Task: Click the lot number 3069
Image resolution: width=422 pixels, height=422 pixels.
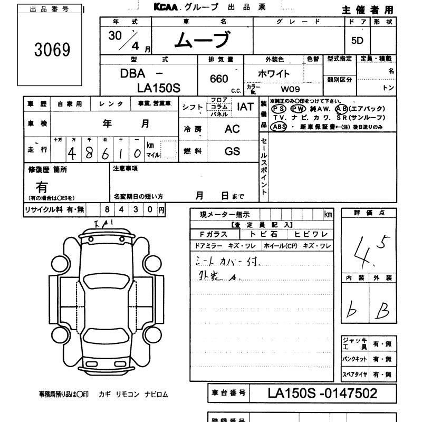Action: [x=52, y=50]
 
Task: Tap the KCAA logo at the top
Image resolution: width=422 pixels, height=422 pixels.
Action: [x=166, y=7]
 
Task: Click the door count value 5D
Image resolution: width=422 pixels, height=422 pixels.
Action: [x=357, y=41]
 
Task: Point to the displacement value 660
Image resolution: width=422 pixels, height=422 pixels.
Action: [x=218, y=79]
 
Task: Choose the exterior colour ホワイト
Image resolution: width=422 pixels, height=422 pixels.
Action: [x=274, y=74]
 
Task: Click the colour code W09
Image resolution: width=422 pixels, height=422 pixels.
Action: [x=290, y=89]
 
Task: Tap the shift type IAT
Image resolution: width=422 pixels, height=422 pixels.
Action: [x=245, y=107]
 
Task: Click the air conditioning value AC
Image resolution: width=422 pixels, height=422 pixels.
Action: [x=232, y=129]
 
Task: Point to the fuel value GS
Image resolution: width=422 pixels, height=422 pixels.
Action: [x=232, y=151]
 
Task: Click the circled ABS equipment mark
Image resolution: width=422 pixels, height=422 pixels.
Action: [x=278, y=127]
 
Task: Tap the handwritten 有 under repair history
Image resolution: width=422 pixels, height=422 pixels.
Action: [x=41, y=187]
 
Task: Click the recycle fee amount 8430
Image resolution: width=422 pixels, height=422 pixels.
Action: [x=129, y=209]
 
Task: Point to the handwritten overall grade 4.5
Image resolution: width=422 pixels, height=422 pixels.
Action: [x=371, y=247]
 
